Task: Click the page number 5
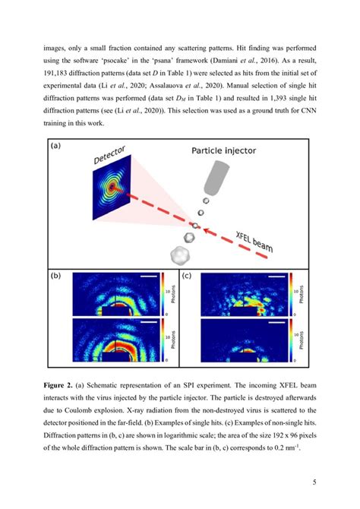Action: [312, 480]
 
